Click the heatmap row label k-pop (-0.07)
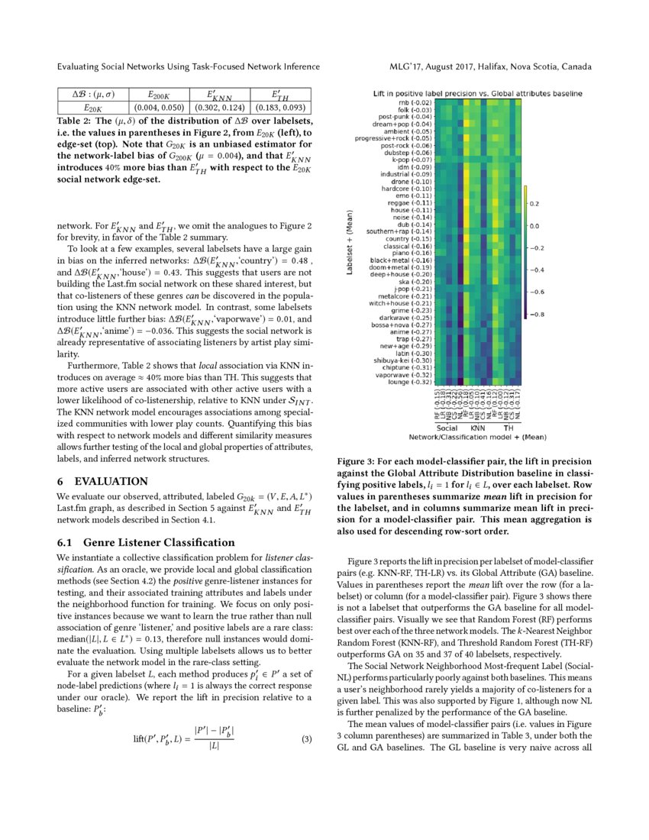(412, 160)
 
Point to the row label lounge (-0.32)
(409, 382)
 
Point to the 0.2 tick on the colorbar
(535, 204)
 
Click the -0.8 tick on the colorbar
(538, 314)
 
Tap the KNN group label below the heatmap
(477, 428)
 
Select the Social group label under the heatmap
(447, 428)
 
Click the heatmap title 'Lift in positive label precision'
(477, 93)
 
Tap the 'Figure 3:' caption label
(359, 461)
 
